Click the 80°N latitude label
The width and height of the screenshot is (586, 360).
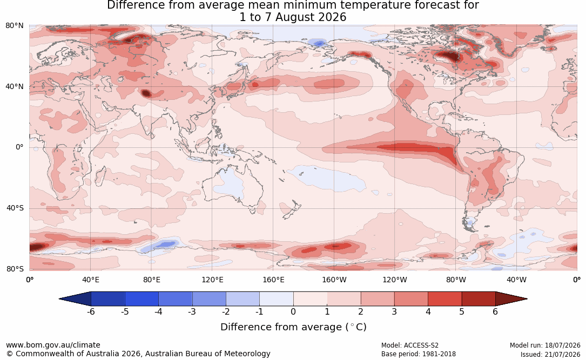14,25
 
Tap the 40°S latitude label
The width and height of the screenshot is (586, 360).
15,208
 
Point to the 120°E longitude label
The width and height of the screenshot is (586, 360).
212,280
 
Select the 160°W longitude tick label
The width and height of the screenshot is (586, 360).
334,280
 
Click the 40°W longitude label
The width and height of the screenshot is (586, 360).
517,280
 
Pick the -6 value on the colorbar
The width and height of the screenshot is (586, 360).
90,311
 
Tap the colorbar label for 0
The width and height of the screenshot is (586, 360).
293,311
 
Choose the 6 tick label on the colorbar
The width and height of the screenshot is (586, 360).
495,311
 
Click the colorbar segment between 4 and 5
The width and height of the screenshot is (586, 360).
444,299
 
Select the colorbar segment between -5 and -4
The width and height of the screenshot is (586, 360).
142,299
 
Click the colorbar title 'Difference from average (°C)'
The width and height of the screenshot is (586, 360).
293,327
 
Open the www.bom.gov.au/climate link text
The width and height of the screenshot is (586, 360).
53,345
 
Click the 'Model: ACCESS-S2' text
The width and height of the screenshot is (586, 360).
409,345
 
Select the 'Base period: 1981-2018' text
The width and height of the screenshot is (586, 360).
419,354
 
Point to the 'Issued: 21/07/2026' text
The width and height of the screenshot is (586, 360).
550,354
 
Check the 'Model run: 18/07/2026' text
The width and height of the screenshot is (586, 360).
545,345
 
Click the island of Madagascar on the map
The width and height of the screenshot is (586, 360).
100,176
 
